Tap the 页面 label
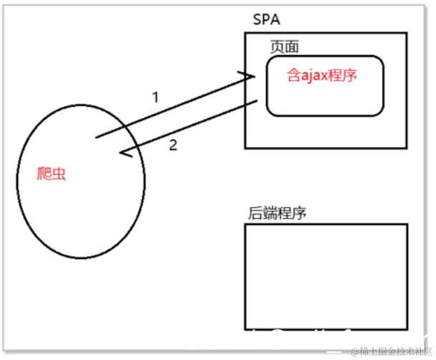click(285, 47)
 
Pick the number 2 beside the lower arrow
click(172, 146)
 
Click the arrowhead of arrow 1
click(250, 76)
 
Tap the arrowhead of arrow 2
click(125, 153)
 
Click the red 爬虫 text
click(54, 174)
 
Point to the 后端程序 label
click(278, 213)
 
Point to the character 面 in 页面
click(292, 47)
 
